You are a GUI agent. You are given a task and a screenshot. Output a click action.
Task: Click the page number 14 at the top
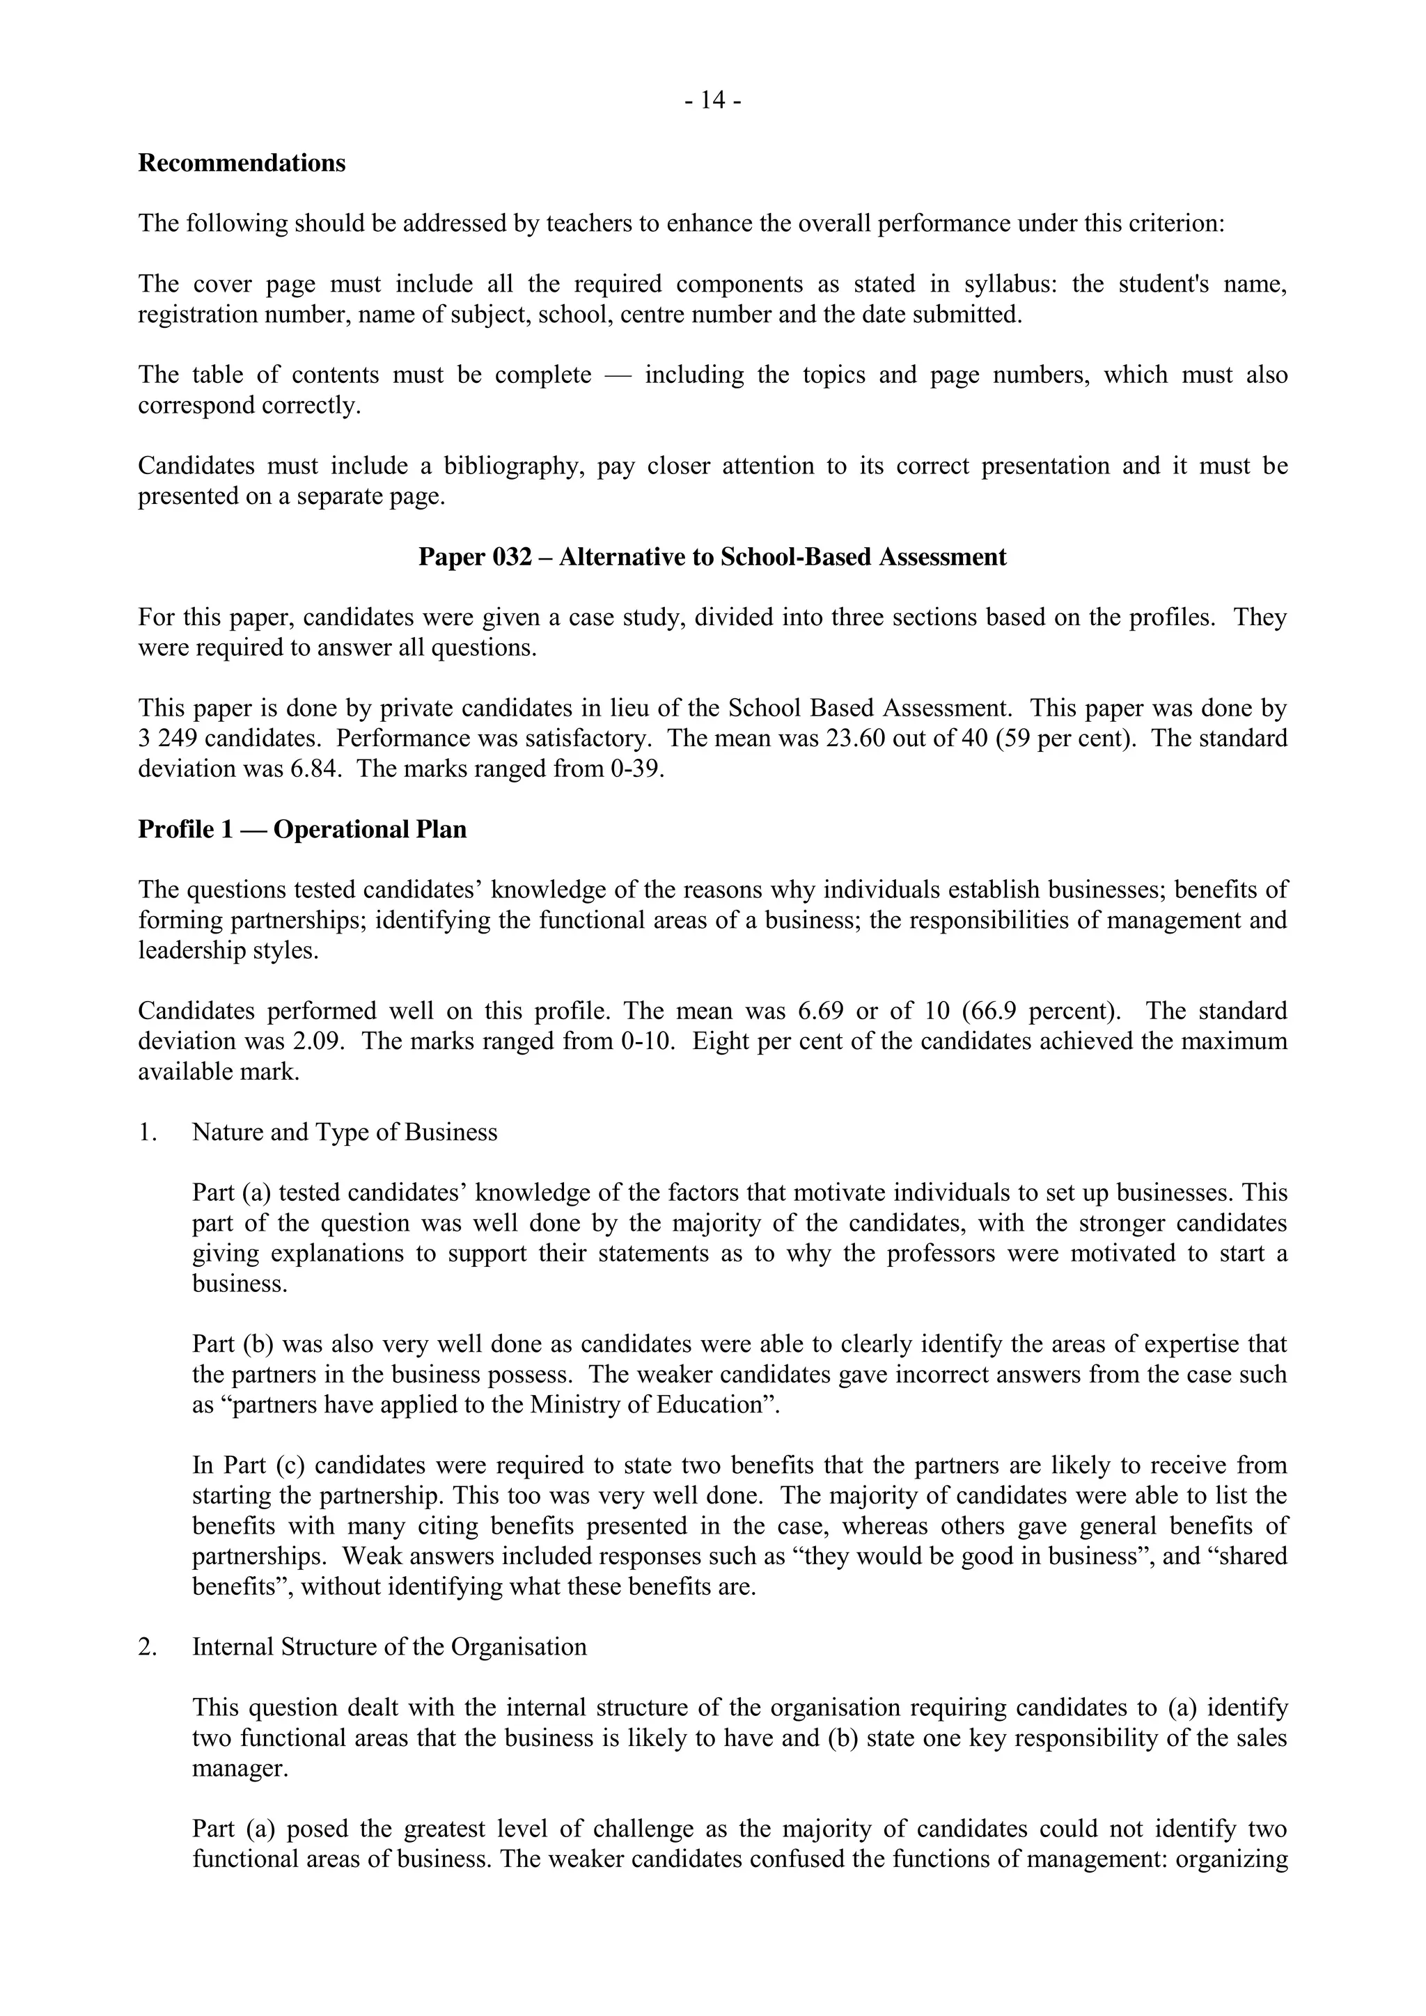(712, 102)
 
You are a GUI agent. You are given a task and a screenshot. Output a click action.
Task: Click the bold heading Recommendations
(242, 164)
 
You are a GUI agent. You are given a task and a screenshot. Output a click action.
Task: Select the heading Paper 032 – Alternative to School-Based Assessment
(712, 557)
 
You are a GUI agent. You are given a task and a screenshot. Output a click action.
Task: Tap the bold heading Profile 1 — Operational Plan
(302, 829)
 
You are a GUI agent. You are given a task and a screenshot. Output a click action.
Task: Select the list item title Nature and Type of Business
(344, 1132)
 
